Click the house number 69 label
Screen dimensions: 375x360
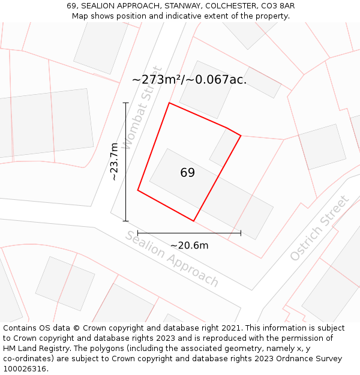187,173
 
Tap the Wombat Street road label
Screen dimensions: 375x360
142,108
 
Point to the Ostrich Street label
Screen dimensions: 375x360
319,228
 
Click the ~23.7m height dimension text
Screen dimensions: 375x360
114,161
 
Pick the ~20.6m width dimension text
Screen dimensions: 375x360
189,245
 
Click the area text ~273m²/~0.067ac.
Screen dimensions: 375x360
189,79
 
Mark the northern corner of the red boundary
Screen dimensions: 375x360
169,103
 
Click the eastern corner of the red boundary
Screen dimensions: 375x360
241,136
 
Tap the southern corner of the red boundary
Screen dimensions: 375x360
194,221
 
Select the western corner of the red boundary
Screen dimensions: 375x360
138,191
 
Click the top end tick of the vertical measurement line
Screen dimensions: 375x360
125,103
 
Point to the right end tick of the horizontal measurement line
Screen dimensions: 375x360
241,233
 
